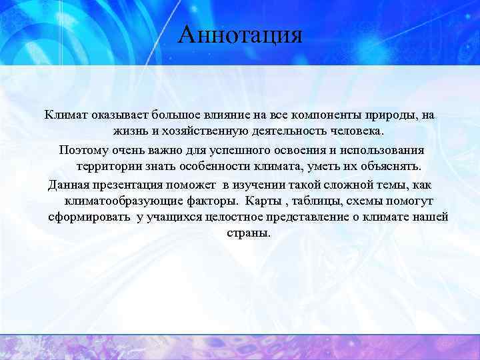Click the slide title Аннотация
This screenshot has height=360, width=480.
tap(240, 34)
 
